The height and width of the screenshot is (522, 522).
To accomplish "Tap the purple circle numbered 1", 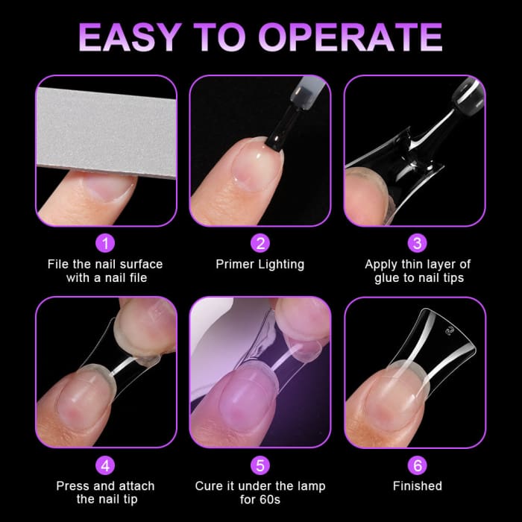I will click(106, 243).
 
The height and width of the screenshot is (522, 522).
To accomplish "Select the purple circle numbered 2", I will click(260, 243).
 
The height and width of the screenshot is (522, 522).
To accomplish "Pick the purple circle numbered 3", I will click(417, 243).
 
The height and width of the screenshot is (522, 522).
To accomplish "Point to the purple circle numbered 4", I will click(106, 465).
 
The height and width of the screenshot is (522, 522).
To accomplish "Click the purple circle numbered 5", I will click(260, 465).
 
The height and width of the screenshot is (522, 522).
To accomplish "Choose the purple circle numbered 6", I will click(417, 465).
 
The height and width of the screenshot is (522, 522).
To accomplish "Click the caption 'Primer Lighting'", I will click(260, 264).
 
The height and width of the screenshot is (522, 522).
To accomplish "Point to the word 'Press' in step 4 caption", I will click(74, 486).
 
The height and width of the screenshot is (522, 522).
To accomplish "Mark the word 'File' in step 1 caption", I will click(60, 264).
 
